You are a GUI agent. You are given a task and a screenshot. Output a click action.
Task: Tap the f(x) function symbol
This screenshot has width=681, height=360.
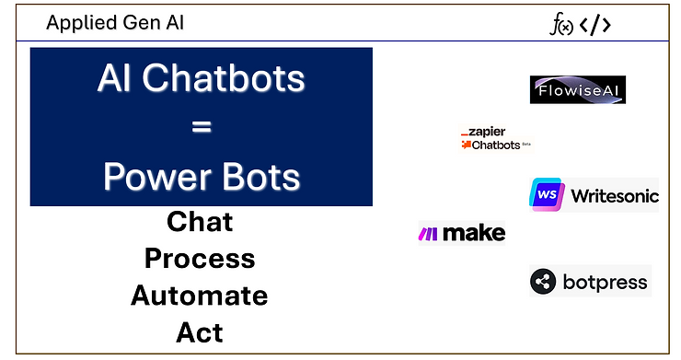click(x=561, y=26)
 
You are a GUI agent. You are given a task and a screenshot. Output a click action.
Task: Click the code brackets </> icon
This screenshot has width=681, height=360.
click(x=595, y=26)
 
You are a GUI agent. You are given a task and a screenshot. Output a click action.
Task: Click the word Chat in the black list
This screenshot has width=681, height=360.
click(x=200, y=222)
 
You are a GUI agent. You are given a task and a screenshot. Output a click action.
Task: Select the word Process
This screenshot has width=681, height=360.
click(x=200, y=259)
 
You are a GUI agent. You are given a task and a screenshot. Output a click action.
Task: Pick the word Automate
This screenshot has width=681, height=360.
click(x=200, y=296)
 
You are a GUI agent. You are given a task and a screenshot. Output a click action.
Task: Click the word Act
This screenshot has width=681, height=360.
click(x=200, y=331)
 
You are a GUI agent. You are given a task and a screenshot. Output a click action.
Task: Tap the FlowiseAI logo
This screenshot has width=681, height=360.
click(x=578, y=89)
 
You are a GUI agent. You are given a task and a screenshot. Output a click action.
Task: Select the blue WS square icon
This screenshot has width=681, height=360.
click(x=547, y=195)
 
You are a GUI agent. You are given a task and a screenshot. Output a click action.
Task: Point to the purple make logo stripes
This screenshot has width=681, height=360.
click(x=429, y=234)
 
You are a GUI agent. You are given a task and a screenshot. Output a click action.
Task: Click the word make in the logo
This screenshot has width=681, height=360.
click(x=474, y=234)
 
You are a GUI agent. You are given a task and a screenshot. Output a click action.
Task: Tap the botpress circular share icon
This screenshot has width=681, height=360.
click(x=544, y=282)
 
